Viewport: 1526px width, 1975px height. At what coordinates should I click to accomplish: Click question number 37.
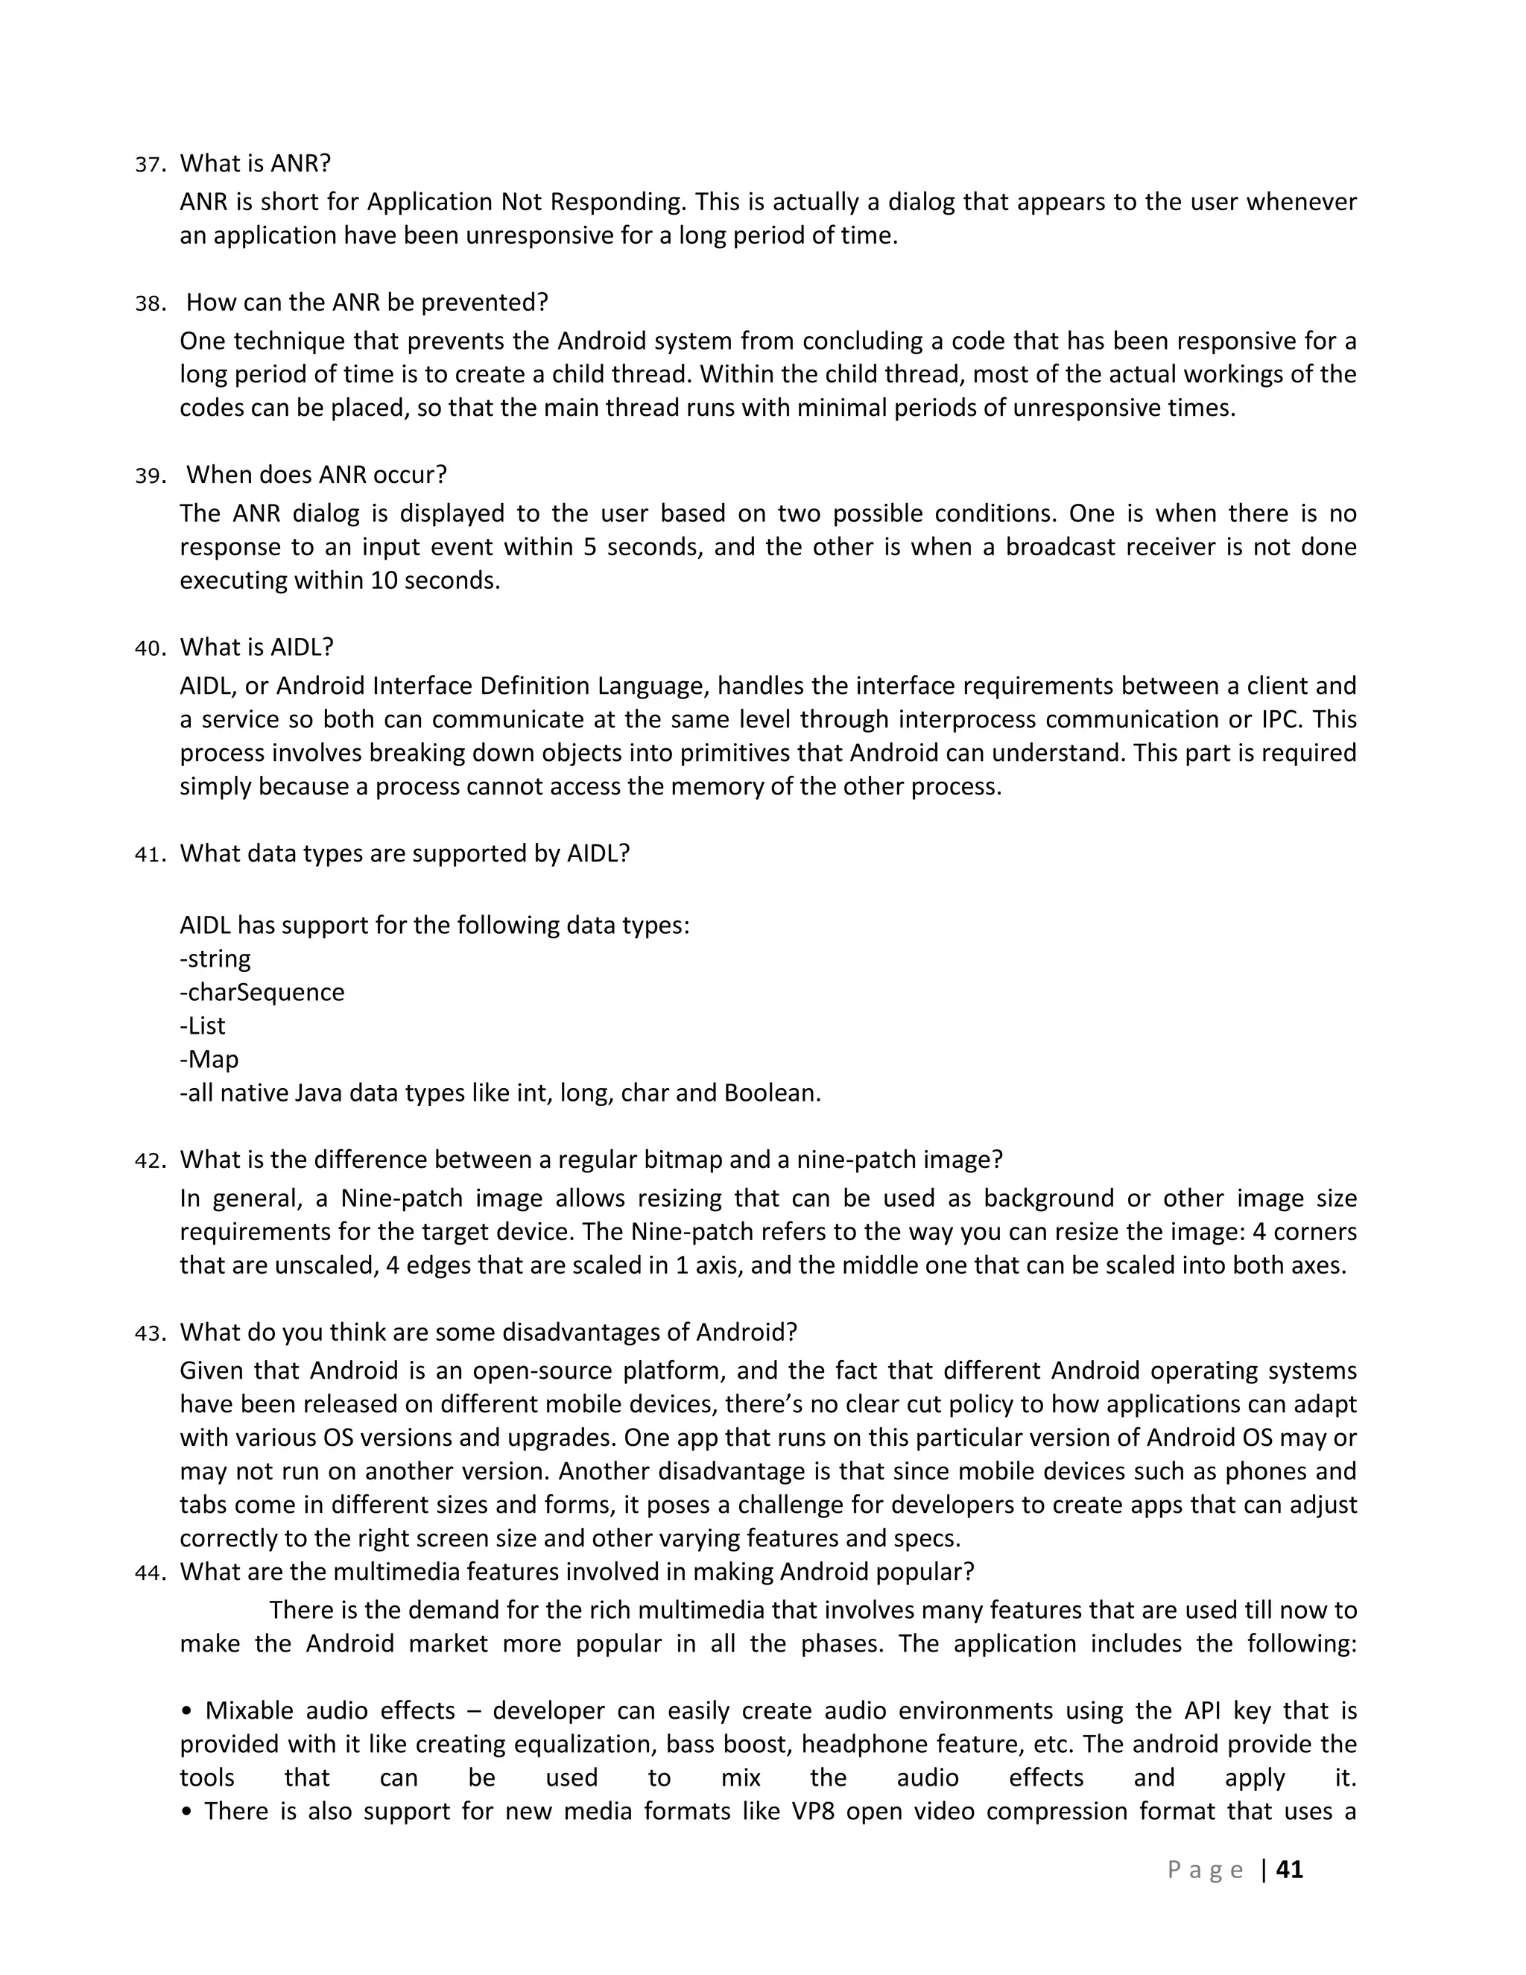pyautogui.click(x=149, y=165)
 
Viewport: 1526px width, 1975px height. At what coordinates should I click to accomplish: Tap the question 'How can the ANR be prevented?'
pyautogui.click(x=367, y=302)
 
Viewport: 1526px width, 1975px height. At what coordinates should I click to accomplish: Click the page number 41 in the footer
pyautogui.click(x=1289, y=1869)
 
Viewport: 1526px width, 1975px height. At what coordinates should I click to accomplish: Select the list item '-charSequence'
pyautogui.click(x=262, y=992)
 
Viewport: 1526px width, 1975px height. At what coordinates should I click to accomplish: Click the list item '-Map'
pyautogui.click(x=209, y=1059)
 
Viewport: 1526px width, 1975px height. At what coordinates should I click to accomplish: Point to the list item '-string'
pyautogui.click(x=215, y=958)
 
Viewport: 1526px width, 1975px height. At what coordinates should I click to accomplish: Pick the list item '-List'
pyautogui.click(x=203, y=1026)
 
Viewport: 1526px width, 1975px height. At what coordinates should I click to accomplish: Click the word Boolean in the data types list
pyautogui.click(x=771, y=1093)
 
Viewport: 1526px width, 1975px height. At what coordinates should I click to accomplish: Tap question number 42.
pyautogui.click(x=149, y=1161)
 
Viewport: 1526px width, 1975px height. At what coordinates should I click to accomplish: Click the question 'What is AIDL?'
pyautogui.click(x=257, y=648)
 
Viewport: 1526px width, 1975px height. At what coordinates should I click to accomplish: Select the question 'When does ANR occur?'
pyautogui.click(x=317, y=475)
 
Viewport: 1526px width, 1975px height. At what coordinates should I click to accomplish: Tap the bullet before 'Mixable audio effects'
pyautogui.click(x=186, y=1711)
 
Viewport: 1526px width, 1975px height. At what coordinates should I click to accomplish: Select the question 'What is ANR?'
pyautogui.click(x=255, y=164)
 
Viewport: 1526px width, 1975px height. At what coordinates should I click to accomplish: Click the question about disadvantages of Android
pyautogui.click(x=488, y=1332)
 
